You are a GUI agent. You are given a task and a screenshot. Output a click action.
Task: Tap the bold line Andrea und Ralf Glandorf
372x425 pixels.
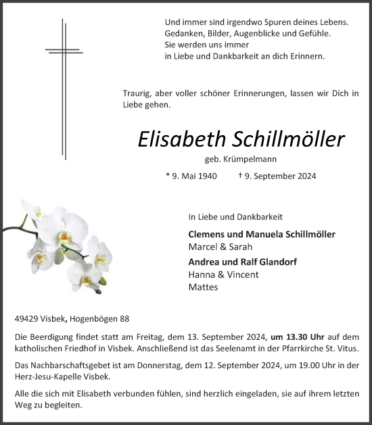[x=242, y=261]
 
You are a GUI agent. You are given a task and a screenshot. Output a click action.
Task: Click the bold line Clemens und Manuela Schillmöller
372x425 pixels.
[x=262, y=234]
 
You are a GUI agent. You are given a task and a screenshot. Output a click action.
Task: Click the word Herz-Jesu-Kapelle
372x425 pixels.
[x=47, y=376]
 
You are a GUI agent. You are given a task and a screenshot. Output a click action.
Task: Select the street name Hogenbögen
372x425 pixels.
[x=89, y=319]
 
